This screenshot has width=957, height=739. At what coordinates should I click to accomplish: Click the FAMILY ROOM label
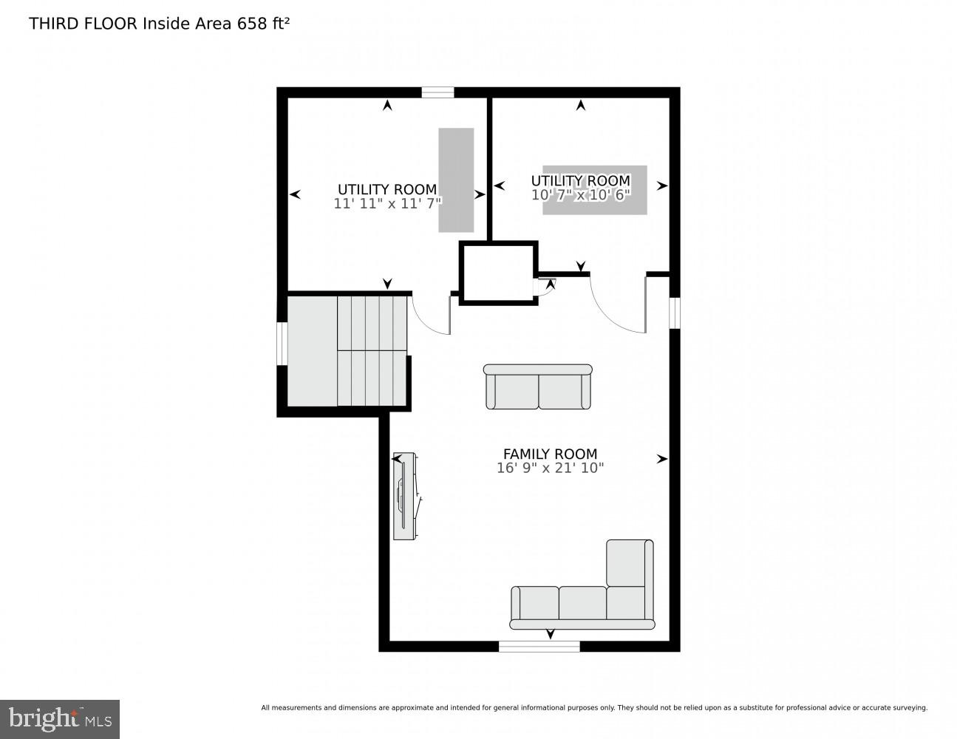pos(550,454)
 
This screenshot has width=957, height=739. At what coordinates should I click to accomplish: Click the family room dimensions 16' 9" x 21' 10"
pos(550,468)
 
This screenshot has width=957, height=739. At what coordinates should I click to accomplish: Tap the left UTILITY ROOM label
pos(386,189)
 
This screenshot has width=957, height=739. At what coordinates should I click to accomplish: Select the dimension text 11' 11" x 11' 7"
pos(386,203)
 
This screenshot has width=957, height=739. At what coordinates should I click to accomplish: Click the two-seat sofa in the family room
pos(538,386)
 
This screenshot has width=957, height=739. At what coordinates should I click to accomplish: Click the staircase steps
pos(372,350)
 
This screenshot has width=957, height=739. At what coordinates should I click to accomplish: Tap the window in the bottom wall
pos(539,647)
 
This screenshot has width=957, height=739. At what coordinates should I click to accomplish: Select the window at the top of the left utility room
pos(437,92)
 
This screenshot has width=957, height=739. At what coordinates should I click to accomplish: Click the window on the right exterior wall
pos(674,312)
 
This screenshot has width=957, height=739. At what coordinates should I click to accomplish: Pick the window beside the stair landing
pos(282,343)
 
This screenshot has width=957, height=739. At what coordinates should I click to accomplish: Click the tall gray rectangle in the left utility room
pos(456,180)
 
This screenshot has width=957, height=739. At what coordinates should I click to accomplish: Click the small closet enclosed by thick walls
pos(497,272)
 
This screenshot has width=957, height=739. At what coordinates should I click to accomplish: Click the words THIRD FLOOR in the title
pos(83,24)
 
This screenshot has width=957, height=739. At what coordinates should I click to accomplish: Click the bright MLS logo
pos(60,718)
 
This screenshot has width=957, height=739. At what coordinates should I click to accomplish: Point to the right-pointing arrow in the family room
pos(662,459)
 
